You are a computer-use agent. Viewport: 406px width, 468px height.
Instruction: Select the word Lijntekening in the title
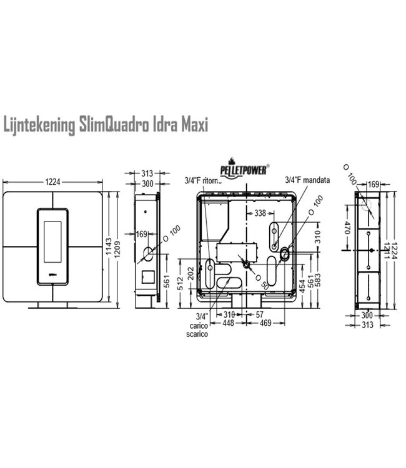click(x=39, y=125)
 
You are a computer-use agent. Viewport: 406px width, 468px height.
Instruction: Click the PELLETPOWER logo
click(x=244, y=168)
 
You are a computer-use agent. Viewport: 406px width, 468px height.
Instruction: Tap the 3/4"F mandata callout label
click(x=307, y=180)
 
